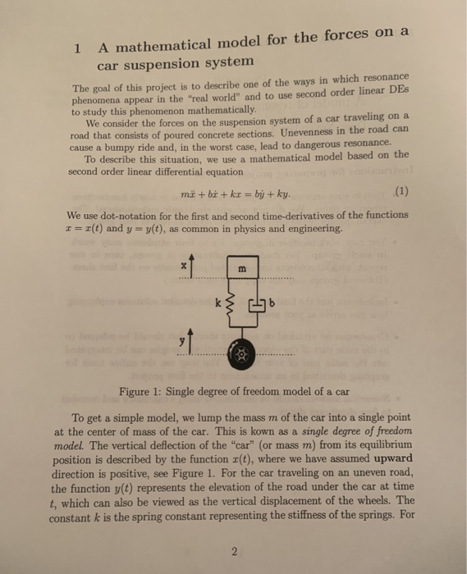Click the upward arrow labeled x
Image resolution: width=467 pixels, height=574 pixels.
pos(195,268)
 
